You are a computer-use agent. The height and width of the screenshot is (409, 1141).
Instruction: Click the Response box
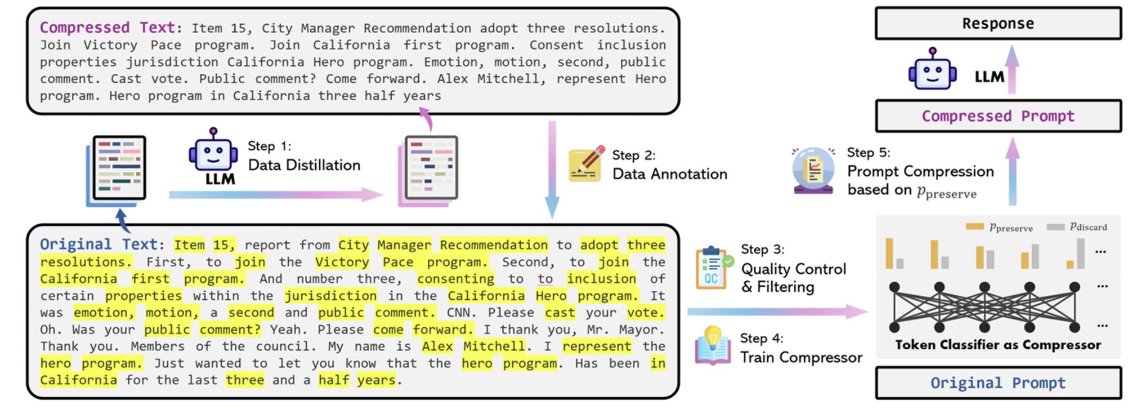coord(997,24)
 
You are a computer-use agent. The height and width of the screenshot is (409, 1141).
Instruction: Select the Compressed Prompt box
coord(997,116)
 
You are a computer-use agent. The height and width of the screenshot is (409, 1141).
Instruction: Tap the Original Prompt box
coord(997,383)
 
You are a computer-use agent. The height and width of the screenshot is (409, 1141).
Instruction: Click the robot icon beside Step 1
coord(213,151)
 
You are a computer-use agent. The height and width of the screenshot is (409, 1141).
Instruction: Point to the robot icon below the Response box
coord(932,70)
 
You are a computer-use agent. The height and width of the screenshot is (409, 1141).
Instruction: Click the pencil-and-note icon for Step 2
coord(586,164)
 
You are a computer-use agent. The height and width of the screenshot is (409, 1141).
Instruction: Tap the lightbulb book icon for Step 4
coord(713,345)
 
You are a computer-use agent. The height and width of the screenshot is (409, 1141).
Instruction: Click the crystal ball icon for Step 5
coord(813,170)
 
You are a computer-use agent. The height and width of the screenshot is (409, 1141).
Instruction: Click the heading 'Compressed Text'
coord(108,28)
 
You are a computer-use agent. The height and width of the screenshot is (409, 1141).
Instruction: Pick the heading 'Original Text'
coord(99,244)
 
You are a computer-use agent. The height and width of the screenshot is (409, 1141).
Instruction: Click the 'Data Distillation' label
coord(304,165)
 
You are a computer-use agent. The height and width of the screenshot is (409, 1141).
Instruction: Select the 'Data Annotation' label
coord(669,174)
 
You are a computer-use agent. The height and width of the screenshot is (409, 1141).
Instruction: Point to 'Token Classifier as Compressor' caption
coord(997,345)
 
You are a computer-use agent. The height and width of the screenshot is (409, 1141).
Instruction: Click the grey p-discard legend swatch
coord(1055,227)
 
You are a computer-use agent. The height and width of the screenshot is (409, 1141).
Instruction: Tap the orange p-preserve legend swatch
coord(974,227)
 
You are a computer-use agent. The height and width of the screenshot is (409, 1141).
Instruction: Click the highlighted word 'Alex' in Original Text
coord(437,346)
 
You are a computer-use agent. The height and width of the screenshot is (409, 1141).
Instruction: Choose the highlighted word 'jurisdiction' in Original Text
coord(330,296)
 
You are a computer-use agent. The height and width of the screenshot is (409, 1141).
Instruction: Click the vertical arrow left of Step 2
coord(552,169)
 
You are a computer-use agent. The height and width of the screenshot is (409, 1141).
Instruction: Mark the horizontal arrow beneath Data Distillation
coord(276,195)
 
